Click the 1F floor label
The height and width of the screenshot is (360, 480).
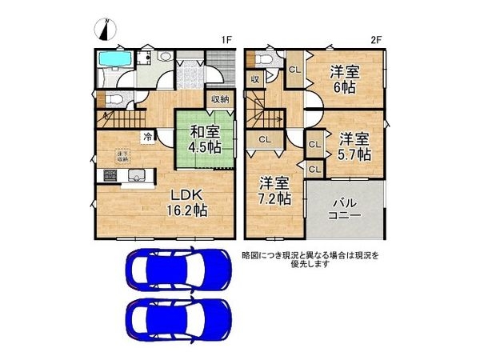click(x=226, y=40)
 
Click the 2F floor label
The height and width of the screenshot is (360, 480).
click(x=378, y=40)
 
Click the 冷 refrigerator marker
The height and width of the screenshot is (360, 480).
click(x=148, y=136)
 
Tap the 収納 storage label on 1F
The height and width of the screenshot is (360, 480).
click(x=220, y=99)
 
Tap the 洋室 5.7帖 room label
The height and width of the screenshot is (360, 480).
click(x=353, y=145)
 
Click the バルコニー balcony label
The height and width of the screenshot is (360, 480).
click(x=345, y=208)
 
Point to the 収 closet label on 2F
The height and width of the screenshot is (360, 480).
click(x=254, y=78)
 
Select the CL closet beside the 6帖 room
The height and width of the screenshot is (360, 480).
click(x=294, y=70)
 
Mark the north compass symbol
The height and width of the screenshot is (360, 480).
click(x=106, y=30)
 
